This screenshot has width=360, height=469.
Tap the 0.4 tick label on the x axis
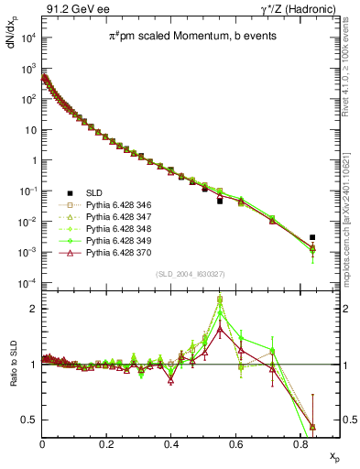(x=171, y=445)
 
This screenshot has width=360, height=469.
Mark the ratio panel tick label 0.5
(x=27, y=420)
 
